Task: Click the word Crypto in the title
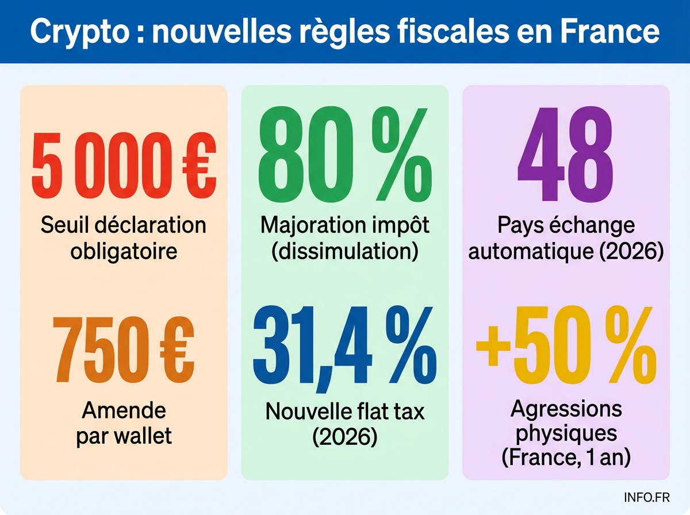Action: pyautogui.click(x=80, y=32)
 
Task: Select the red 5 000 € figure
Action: pyautogui.click(x=123, y=165)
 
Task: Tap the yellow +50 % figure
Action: pyautogui.click(x=565, y=347)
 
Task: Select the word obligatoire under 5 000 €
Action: pyautogui.click(x=124, y=251)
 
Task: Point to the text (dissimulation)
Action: pyautogui.click(x=344, y=251)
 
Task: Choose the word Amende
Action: pyautogui.click(x=124, y=410)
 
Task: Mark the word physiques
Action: pyautogui.click(x=566, y=432)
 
